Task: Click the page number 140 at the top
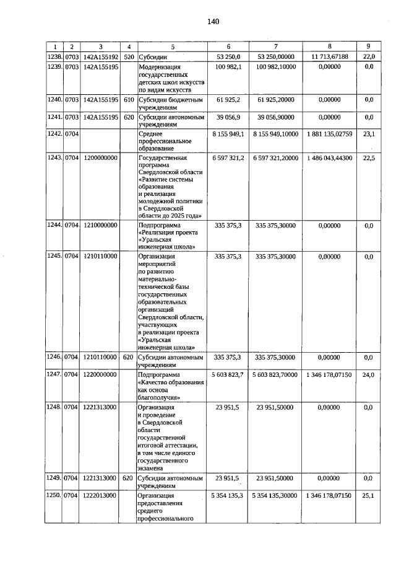(x=213, y=22)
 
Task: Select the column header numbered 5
(x=173, y=46)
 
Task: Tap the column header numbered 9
(x=369, y=46)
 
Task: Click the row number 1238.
(x=56, y=56)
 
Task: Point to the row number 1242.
(x=56, y=133)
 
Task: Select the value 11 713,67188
(x=329, y=56)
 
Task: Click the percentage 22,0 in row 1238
(x=369, y=56)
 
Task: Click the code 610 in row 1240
(x=129, y=99)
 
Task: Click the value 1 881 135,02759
(x=329, y=133)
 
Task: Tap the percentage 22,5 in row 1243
(x=369, y=158)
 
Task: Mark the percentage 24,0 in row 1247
(x=369, y=375)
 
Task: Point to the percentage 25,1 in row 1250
(x=369, y=496)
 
